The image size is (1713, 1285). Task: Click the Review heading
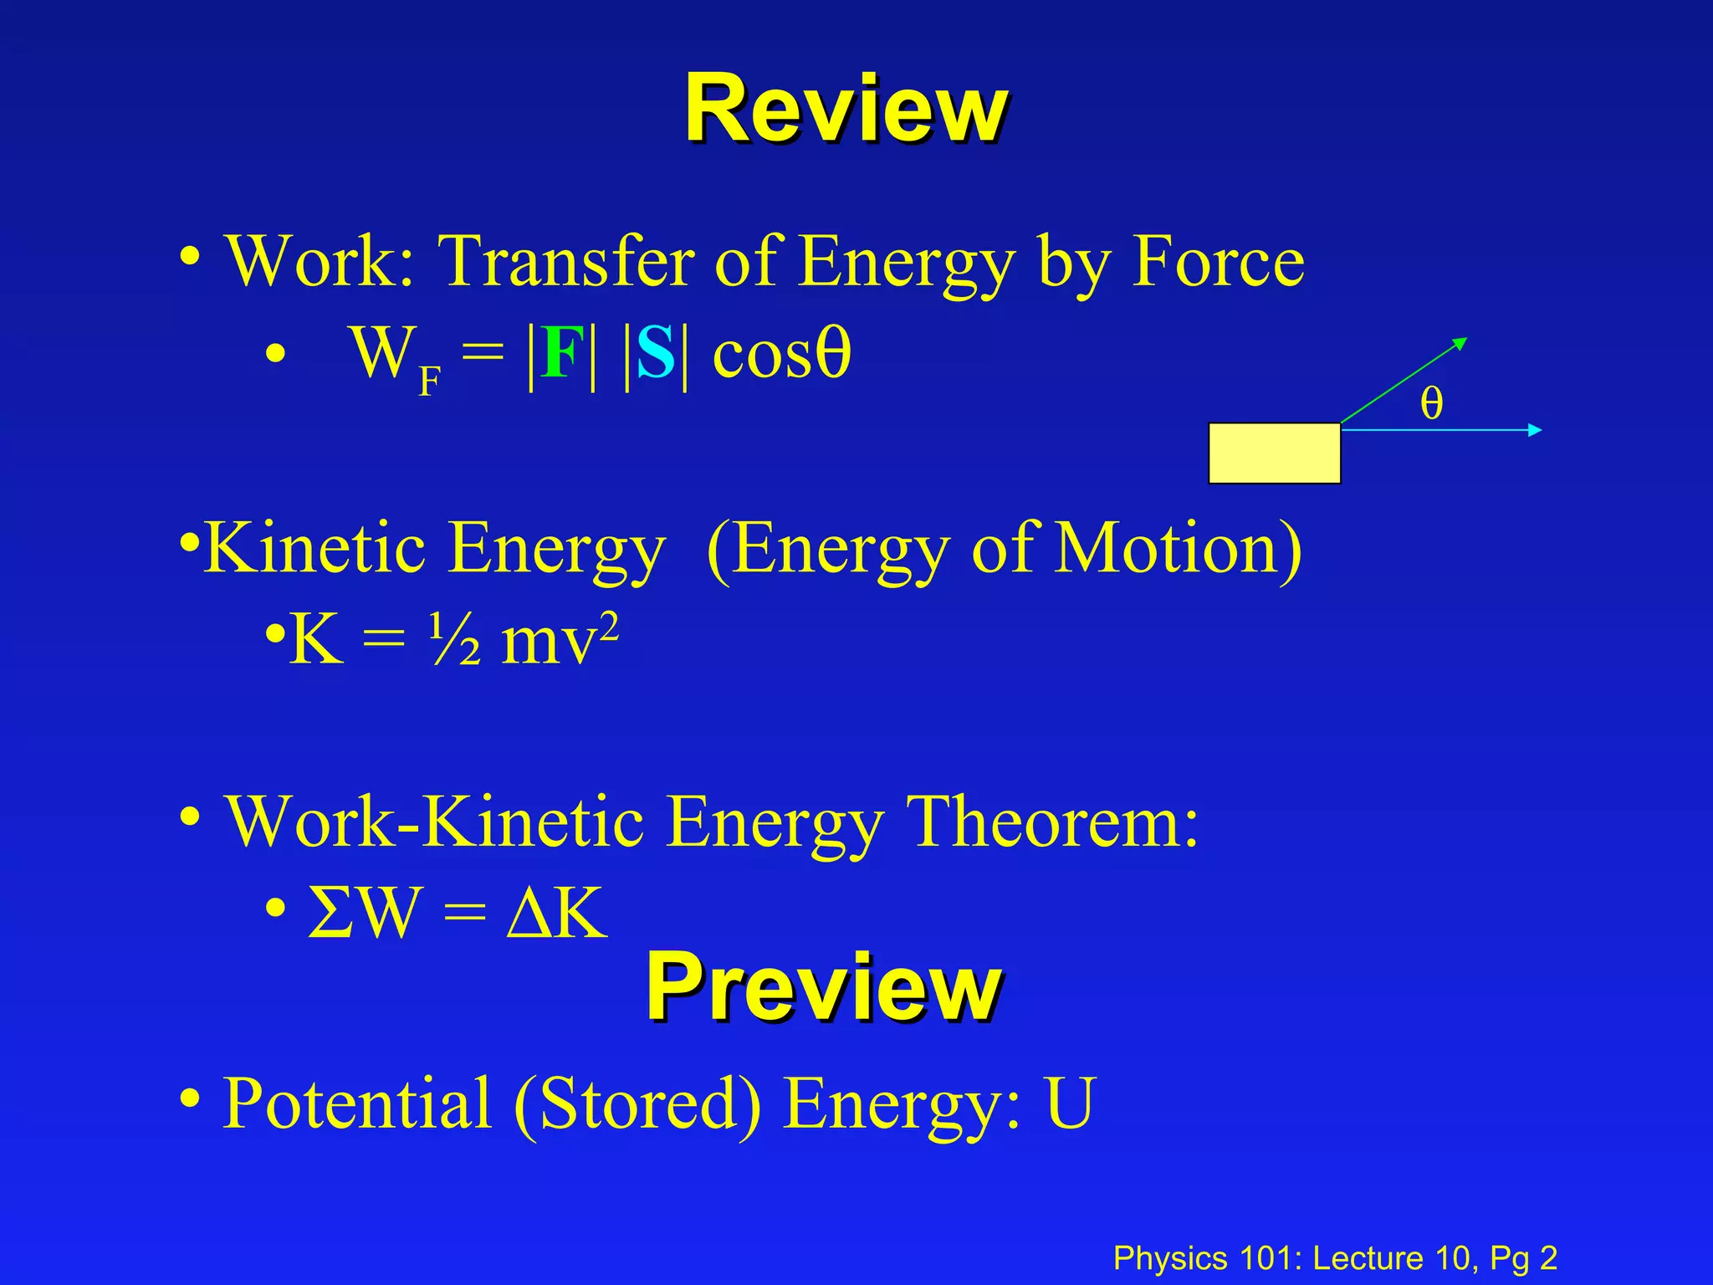(x=846, y=110)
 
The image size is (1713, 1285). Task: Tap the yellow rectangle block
(x=1275, y=453)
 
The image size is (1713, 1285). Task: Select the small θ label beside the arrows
(x=1431, y=403)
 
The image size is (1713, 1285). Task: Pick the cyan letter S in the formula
(x=655, y=354)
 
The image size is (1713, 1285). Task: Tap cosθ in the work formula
(x=781, y=354)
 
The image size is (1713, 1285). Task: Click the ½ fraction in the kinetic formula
(x=456, y=640)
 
